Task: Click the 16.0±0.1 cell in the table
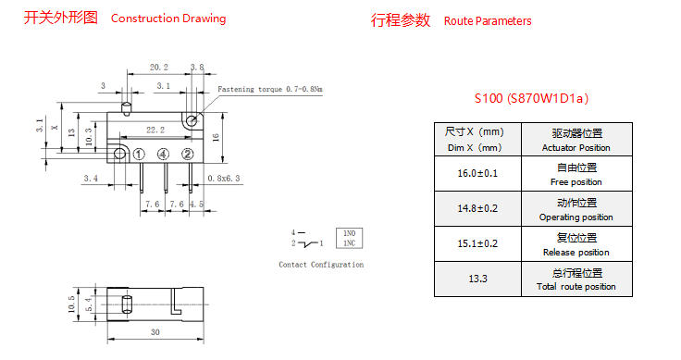[477, 173]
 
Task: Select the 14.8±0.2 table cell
[477, 208]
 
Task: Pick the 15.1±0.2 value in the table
[477, 243]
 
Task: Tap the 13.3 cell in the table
[477, 279]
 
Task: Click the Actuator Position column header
[576, 140]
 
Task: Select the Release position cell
[576, 243]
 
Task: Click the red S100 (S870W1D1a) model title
[531, 98]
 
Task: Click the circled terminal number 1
[139, 155]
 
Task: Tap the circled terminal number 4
[163, 155]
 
